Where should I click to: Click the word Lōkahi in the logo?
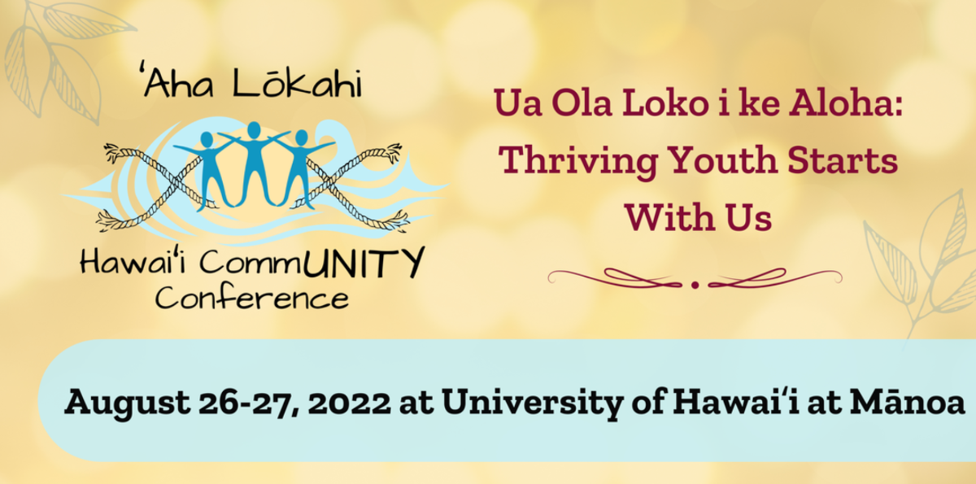pyautogui.click(x=297, y=83)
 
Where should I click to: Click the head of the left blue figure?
pyautogui.click(x=207, y=140)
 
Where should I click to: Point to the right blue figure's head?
pyautogui.click(x=302, y=137)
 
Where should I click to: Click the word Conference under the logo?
pyautogui.click(x=252, y=299)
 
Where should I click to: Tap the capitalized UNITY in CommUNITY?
pyautogui.click(x=364, y=262)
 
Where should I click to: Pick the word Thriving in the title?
pyautogui.click(x=577, y=161)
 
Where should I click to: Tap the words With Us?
pyautogui.click(x=699, y=217)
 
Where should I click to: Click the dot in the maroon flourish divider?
pyautogui.click(x=695, y=286)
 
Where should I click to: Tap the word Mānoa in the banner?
pyautogui.click(x=907, y=402)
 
